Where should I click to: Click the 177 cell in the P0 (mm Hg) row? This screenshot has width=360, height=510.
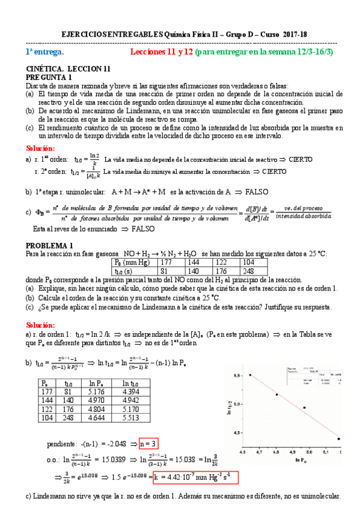tap(167, 262)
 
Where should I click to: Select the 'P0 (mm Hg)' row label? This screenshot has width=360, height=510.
tap(132, 262)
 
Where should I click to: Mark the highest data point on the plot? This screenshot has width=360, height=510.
tap(251, 375)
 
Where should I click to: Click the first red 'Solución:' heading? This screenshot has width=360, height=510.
tap(40, 148)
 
